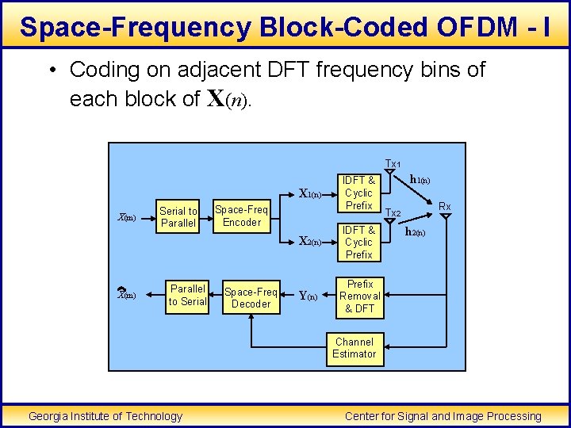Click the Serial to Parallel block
click(178, 216)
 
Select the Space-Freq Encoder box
click(241, 216)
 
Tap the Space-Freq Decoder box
click(251, 297)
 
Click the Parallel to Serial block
click(188, 295)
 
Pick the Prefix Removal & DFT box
click(360, 296)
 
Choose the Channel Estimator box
click(354, 348)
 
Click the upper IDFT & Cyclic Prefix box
click(358, 193)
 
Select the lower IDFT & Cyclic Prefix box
click(358, 243)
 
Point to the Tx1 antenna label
click(393, 164)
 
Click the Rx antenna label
click(445, 206)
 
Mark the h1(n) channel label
click(420, 180)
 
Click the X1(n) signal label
click(310, 193)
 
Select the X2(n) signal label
click(310, 243)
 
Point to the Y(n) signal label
click(308, 297)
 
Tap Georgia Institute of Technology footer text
click(105, 416)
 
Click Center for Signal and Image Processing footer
click(443, 416)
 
